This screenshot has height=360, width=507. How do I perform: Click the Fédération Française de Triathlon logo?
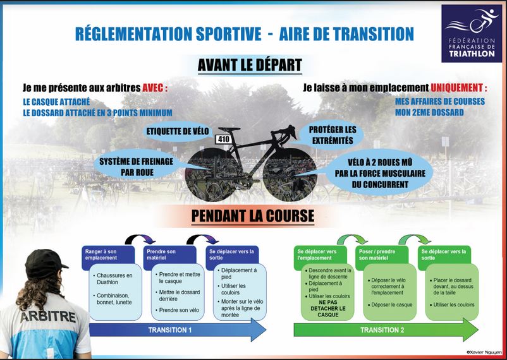tap(472, 33)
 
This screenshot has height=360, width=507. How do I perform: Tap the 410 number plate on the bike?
tap(224, 140)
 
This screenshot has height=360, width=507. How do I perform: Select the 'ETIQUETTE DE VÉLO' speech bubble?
tap(178, 131)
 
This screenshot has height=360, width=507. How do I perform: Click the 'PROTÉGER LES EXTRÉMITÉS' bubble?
tap(332, 135)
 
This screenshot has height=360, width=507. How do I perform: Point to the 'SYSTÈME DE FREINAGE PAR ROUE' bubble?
tap(136, 167)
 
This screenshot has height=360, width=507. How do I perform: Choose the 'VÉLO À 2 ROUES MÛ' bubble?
tap(380, 173)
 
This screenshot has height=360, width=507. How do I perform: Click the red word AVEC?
tap(153, 88)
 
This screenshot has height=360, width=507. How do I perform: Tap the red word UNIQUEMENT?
tap(456, 88)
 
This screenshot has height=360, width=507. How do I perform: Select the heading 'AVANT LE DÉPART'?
tap(250, 65)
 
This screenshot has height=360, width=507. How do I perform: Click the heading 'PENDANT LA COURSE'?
tap(253, 216)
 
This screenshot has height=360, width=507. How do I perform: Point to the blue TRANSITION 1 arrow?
tap(178, 330)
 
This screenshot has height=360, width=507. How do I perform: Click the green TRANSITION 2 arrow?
tap(386, 330)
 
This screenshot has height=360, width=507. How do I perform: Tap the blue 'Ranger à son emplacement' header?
tap(108, 258)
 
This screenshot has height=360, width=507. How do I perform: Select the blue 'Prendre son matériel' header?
tap(170, 258)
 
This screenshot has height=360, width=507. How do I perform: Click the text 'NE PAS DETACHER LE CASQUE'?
tap(328, 308)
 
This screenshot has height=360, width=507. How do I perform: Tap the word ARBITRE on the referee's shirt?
tap(48, 317)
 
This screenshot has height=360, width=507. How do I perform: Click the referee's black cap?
tap(45, 264)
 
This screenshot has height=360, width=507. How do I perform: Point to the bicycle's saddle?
tap(229, 129)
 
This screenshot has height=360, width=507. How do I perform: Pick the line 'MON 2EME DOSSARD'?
tap(429, 112)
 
